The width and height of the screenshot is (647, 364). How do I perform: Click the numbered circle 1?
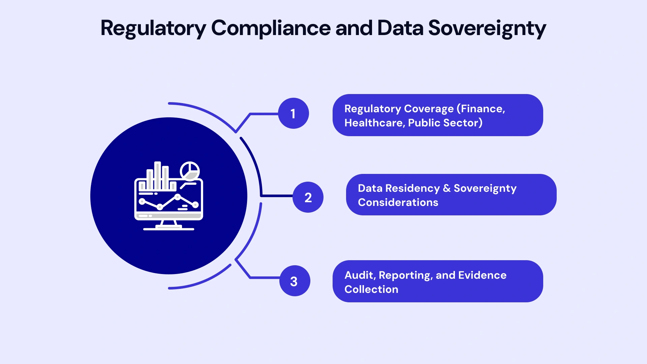point(293,113)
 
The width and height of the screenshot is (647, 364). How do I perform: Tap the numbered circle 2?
point(308,197)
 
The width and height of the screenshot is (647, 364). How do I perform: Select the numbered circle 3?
point(295,281)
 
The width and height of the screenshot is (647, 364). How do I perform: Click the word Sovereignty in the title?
point(487,28)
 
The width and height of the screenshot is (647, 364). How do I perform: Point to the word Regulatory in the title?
point(153,28)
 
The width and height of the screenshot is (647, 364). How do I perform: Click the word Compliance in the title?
point(271,28)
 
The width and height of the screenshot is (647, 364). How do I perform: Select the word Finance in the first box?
point(483,109)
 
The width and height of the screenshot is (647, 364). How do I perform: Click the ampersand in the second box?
point(446,188)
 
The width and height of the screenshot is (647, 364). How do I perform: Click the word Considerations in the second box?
point(398,202)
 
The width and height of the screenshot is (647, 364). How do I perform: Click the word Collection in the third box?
point(371,289)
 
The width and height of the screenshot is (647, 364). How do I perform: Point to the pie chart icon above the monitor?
point(190,171)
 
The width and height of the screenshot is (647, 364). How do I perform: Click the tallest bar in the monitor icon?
point(157,175)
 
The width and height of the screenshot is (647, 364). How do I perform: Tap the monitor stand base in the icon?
point(168,229)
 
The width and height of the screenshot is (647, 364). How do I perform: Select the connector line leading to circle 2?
point(276,195)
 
